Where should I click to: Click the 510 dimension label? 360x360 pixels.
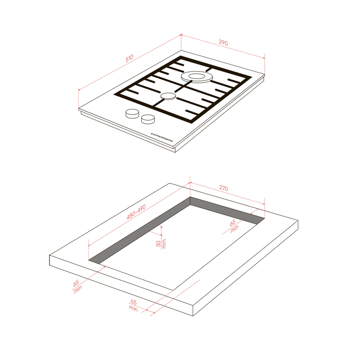coord(129,58)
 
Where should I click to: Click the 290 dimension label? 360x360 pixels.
coord(223,43)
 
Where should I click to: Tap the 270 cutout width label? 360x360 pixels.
coord(224,188)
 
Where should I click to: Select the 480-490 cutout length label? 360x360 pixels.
coord(136,212)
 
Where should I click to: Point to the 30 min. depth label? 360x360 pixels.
coord(161,243)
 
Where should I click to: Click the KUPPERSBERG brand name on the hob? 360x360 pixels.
coord(162,137)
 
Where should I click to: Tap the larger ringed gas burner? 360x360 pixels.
coord(197,76)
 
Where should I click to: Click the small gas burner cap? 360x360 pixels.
coord(168,96)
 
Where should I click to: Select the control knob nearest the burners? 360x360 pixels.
coord(132,113)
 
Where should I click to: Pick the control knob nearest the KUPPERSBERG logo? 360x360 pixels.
coord(148,119)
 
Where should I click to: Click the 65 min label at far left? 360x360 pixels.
coord(77,286)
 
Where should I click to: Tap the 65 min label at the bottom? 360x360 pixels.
coord(133,306)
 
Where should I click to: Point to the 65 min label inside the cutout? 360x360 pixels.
coord(234,226)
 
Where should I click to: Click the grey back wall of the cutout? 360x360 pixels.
coord(227,210)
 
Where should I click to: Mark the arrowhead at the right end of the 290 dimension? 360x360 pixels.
coord(264,58)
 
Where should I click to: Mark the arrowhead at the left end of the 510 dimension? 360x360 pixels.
coord(79,89)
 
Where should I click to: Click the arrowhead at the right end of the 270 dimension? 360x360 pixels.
coord(264,204)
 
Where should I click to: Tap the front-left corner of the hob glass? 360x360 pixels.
coord(79,108)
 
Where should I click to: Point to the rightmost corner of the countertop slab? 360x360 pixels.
coord(298,220)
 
